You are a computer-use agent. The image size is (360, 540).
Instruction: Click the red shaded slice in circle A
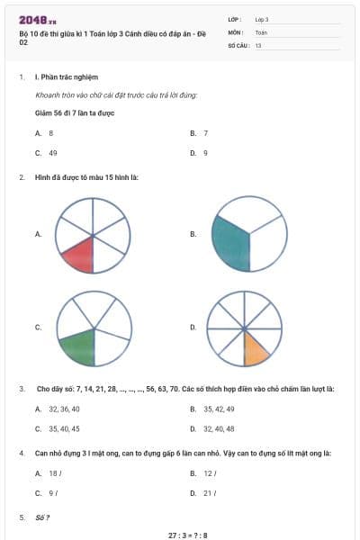[79, 255]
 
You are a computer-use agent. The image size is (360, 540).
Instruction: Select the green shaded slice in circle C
[78, 346]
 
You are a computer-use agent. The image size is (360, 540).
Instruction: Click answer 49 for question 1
[53, 153]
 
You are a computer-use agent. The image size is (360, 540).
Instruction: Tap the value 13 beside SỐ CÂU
[258, 44]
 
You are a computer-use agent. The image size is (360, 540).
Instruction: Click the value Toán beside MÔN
[261, 31]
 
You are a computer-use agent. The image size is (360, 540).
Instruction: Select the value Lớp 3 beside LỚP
[262, 18]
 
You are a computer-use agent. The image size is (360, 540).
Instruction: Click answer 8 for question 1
[51, 132]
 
